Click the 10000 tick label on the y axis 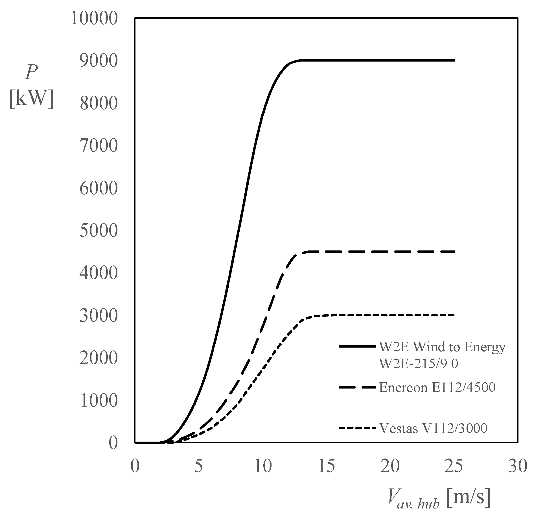(94, 19)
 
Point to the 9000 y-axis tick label (98, 61)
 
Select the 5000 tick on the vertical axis (98, 231)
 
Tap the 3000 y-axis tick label (98, 316)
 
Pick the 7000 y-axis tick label (98, 146)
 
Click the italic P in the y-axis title (31, 73)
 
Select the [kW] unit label (32, 100)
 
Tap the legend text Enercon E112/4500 (437, 387)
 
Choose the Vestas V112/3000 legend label (433, 428)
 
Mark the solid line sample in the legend (357, 346)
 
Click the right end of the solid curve (454, 60)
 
